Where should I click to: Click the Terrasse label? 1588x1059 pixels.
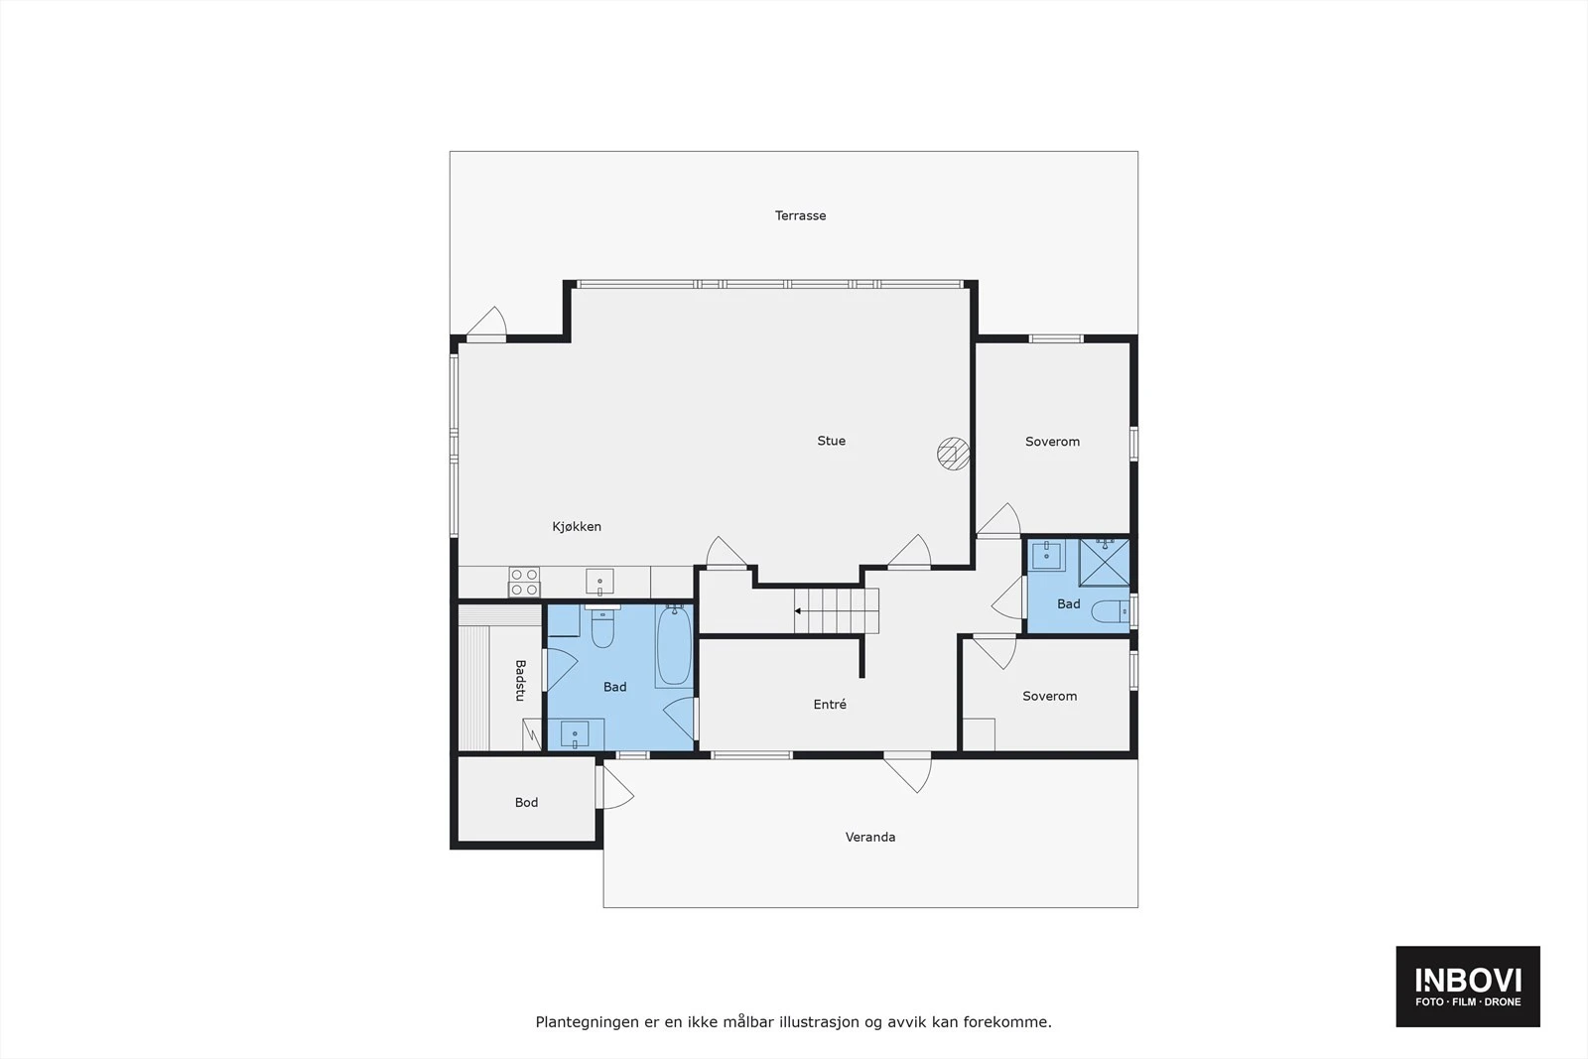point(800,215)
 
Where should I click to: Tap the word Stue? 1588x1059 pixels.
point(831,441)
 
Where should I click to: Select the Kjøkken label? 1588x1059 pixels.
point(577,527)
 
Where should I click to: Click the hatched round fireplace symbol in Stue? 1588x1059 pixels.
point(953,454)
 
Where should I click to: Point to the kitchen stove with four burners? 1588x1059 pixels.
point(524,582)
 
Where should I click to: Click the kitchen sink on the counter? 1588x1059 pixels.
point(599,580)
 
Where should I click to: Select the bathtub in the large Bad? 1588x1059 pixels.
point(674,646)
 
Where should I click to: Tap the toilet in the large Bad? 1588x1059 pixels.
point(602,628)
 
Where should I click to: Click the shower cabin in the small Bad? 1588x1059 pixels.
point(1104,563)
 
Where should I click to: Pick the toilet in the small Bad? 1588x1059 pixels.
point(1109,611)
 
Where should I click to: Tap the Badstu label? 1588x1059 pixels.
point(519,681)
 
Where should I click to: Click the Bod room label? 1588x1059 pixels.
point(526,803)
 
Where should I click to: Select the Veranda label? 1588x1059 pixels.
point(870,838)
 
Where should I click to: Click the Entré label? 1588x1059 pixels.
point(830,705)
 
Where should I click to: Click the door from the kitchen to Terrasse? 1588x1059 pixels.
point(486,326)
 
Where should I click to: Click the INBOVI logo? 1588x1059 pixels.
point(1467,986)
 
